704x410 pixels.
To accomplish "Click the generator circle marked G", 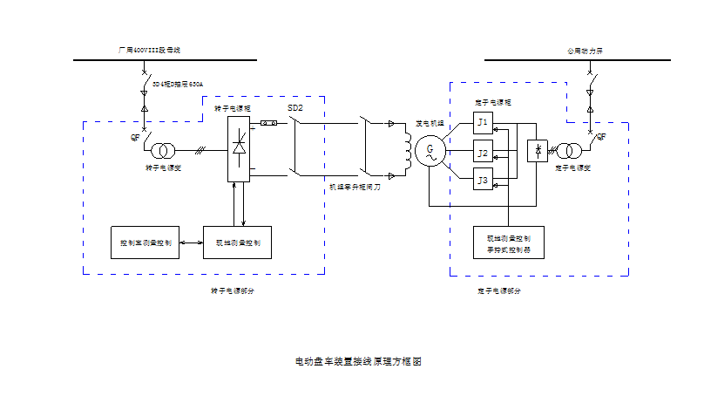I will point(429,152).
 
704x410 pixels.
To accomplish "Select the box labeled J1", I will point(483,122).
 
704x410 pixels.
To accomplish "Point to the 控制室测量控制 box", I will point(146,242).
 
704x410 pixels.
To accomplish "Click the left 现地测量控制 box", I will point(238,242).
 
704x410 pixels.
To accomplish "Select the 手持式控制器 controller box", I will point(508,243).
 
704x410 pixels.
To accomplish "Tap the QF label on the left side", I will point(135,136).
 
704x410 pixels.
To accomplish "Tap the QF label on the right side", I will point(601,136).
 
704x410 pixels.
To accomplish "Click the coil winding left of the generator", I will point(405,148).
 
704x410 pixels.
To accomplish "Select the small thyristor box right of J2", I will point(538,150).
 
